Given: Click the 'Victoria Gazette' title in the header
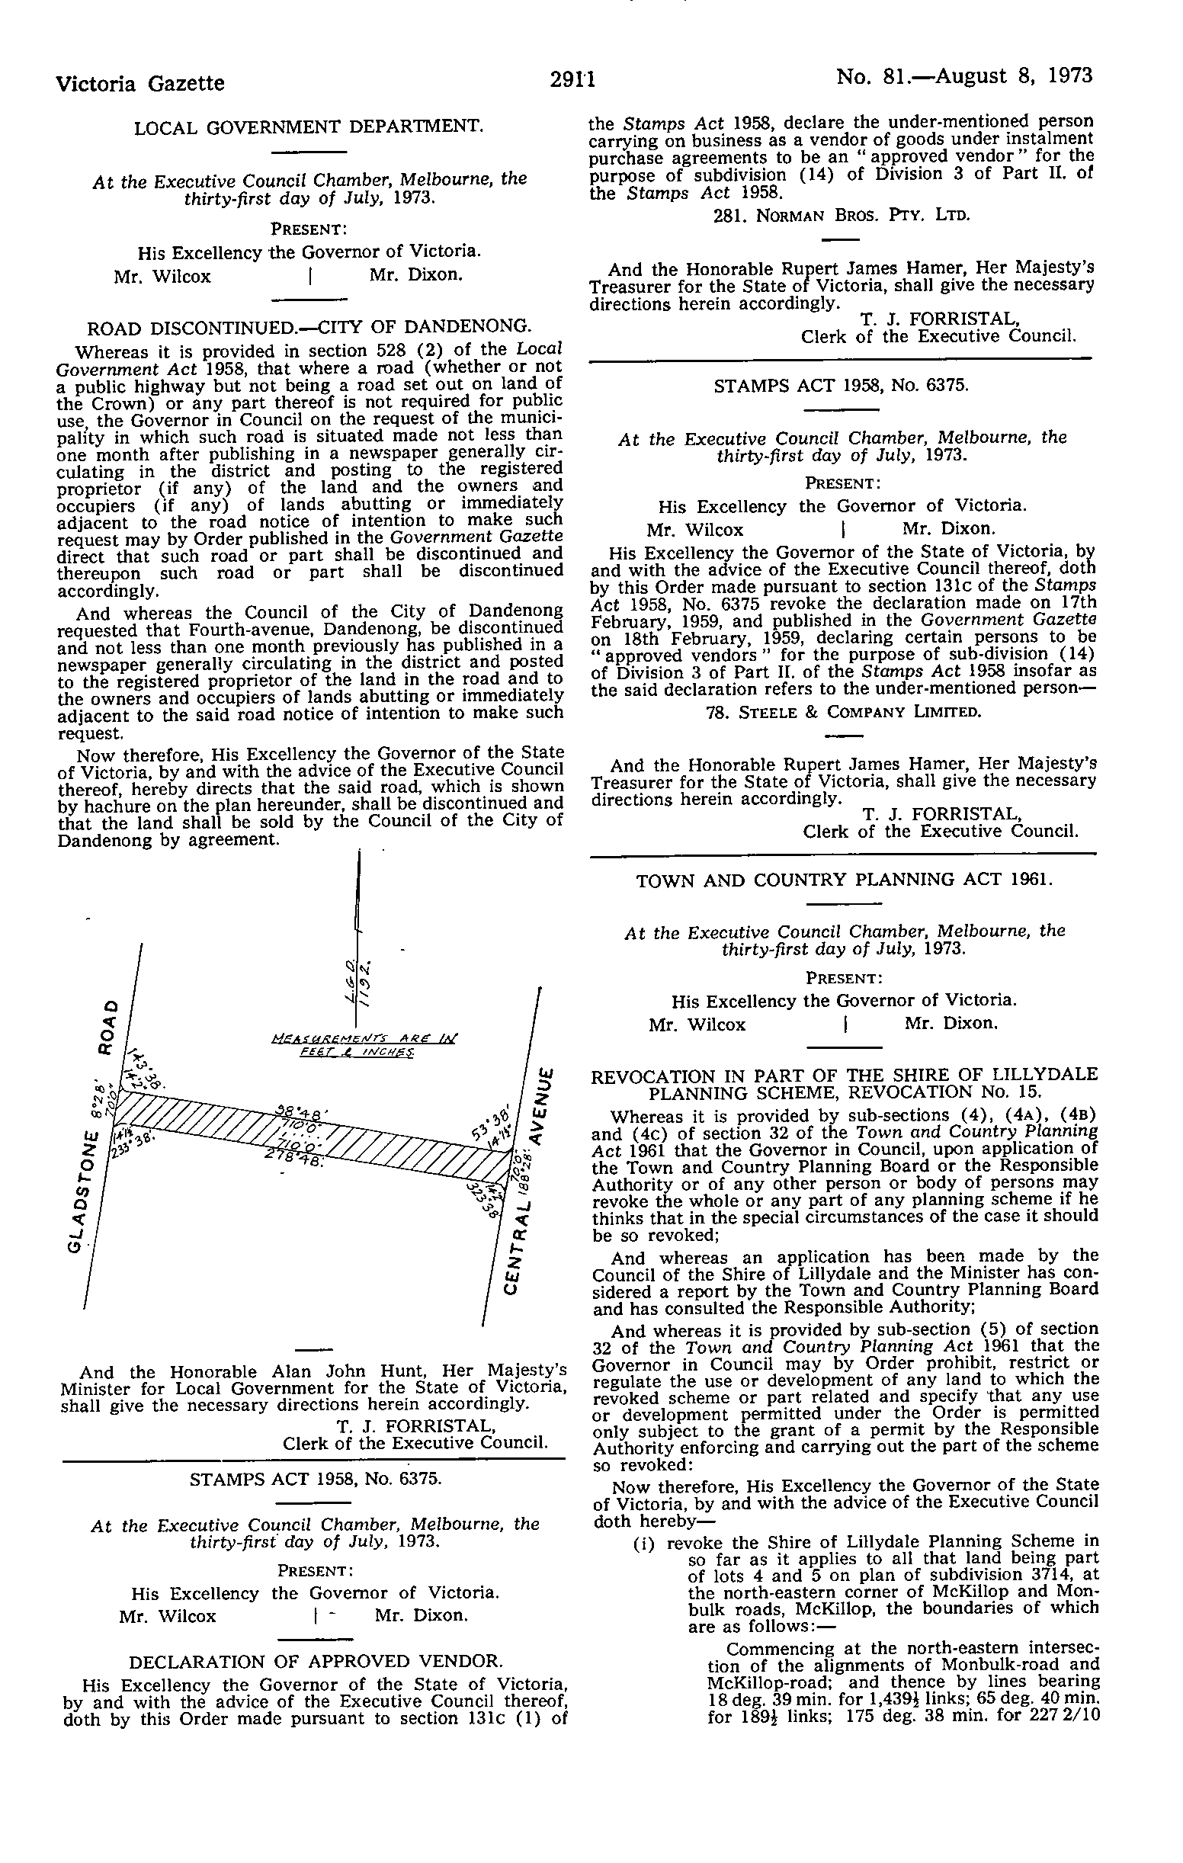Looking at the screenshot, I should [141, 83].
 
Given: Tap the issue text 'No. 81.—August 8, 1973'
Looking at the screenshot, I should [964, 76].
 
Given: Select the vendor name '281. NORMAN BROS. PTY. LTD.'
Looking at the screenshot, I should [841, 215].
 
